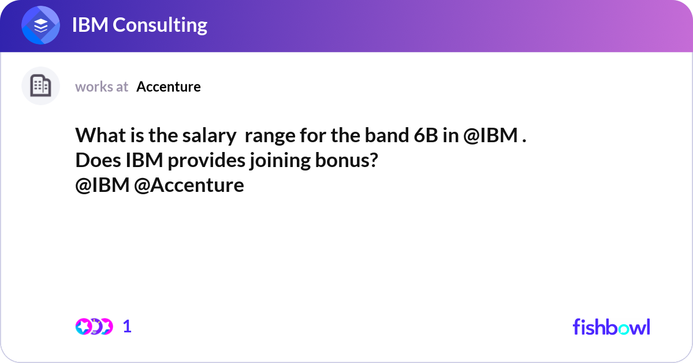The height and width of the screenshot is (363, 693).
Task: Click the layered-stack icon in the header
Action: click(x=41, y=25)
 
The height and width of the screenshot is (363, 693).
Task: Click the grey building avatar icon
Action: click(x=40, y=86)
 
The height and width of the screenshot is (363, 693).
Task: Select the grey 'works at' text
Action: click(x=102, y=87)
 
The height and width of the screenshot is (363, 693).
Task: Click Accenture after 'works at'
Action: click(x=169, y=87)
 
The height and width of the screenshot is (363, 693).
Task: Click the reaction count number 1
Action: click(x=128, y=327)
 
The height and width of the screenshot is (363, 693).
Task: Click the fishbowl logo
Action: click(x=611, y=327)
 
